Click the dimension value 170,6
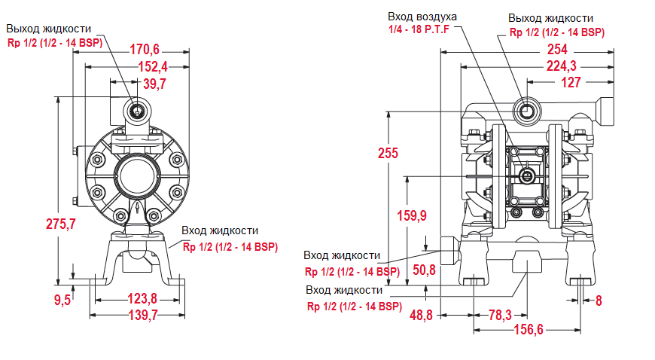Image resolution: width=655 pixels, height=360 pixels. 145,50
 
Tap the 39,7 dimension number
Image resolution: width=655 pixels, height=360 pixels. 154,83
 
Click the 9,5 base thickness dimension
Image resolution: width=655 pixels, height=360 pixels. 62,300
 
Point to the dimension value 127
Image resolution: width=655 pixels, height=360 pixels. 571,82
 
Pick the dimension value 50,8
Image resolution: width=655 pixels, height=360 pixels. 425,270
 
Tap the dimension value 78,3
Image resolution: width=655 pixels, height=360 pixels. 499,315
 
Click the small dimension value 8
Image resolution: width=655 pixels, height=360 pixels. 599,301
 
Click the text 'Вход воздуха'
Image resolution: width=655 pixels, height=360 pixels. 422,17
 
